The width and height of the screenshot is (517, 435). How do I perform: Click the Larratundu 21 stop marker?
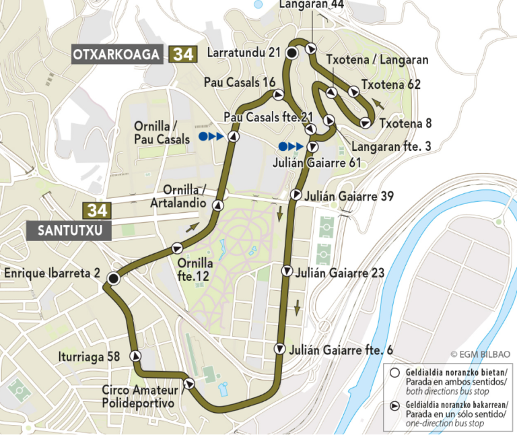click(291, 53)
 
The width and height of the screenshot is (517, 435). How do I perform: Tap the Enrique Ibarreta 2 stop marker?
click(114, 277)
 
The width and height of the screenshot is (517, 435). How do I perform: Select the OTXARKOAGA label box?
click(116, 55)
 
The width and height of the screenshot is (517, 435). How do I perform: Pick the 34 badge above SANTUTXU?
click(96, 210)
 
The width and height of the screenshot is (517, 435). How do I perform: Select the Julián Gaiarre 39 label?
click(349, 196)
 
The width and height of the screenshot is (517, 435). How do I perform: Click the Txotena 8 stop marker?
click(365, 123)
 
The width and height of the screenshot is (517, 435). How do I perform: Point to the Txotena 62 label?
click(390, 85)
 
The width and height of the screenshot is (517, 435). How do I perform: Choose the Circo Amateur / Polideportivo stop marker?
click(189, 384)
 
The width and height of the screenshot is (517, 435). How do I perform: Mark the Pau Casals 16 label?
click(240, 82)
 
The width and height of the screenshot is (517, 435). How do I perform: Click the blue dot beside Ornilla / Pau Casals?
click(203, 136)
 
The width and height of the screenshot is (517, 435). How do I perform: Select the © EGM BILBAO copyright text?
click(480, 354)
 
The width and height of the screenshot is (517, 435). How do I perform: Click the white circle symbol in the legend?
click(394, 372)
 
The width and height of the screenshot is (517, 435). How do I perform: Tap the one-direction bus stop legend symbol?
click(394, 405)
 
